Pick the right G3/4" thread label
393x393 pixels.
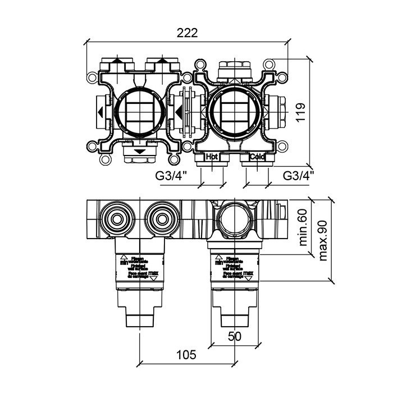(298, 175)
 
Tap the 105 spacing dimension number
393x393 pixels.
(186, 354)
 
